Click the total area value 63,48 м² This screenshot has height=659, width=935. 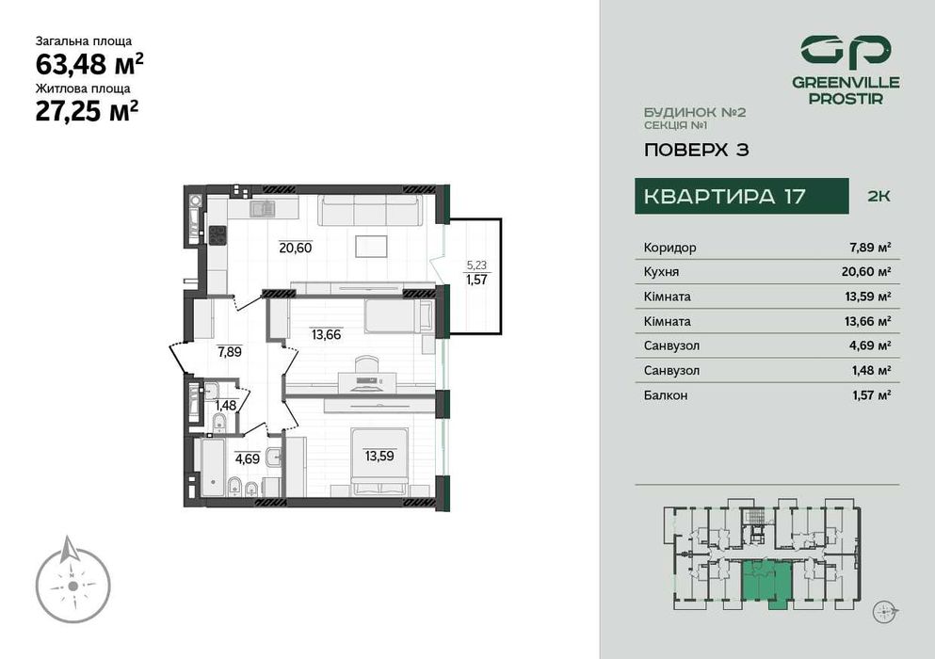pos(89,65)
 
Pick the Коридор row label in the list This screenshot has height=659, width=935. pos(670,248)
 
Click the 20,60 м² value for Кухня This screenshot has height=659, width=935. pos(870,272)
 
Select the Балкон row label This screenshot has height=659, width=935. pos(666,395)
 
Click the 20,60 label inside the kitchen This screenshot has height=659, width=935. pos(295,249)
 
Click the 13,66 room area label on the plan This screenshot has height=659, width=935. pos(328,332)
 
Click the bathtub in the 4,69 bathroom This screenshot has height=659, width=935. pos(210,470)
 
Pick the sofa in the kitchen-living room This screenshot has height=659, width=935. pos(368,211)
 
